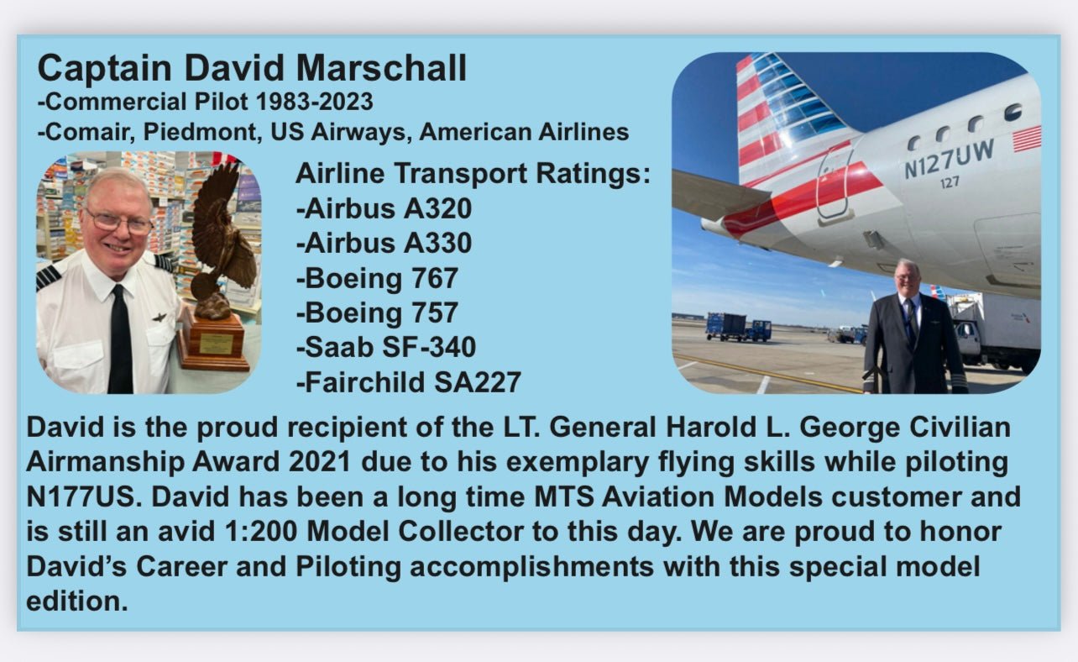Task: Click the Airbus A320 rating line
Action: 384,208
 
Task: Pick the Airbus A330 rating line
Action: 384,243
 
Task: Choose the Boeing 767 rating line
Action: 377,278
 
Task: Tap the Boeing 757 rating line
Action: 377,313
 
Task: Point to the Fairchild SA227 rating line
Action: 408,382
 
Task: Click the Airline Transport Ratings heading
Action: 473,174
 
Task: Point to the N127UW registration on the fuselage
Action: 949,159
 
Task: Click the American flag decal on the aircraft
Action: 1026,139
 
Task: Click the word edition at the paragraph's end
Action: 77,601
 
